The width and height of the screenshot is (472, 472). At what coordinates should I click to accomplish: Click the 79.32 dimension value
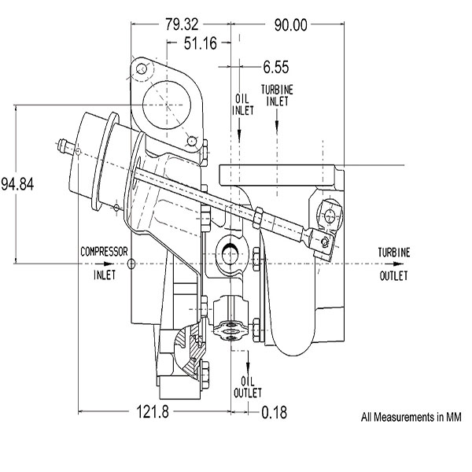pos(182,24)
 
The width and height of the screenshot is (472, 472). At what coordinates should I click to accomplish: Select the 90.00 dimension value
pos(291,25)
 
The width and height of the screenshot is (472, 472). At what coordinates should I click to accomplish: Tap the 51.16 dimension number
pos(200,43)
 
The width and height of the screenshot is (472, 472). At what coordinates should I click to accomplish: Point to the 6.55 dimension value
pos(276,67)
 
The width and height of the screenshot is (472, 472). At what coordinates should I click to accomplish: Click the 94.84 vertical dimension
pos(17,184)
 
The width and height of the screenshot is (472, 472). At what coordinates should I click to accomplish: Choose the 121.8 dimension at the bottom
pos(153,411)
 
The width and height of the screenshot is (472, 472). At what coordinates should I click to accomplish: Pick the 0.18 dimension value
pos(274,412)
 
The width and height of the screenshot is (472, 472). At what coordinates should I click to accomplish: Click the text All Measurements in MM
pos(411,417)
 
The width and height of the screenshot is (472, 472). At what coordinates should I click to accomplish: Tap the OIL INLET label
pos(242,105)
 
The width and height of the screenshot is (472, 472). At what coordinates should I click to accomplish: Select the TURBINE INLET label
pos(277,95)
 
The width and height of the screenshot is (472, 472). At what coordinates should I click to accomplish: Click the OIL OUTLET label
pos(248,387)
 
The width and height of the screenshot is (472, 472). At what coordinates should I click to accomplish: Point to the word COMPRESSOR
pos(104,252)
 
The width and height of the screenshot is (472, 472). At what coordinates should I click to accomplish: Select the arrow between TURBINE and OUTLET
pos(398,264)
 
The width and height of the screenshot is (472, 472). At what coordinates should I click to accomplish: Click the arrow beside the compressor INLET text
pos(109,264)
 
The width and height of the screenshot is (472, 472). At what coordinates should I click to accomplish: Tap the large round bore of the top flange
pos(167,105)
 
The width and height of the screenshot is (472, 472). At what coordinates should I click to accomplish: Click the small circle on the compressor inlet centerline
pos(131,264)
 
